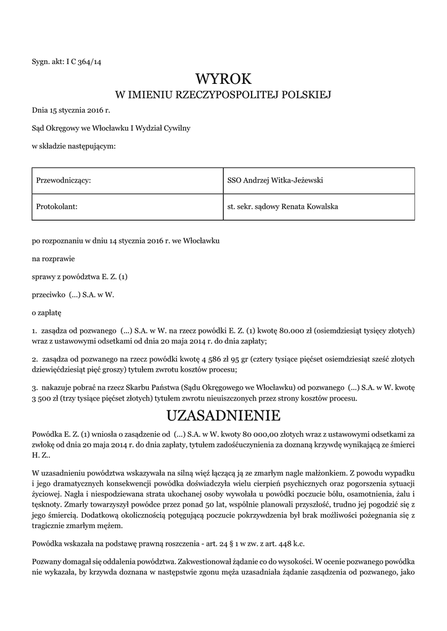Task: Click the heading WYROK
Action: tap(224, 78)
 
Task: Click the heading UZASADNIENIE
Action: tap(224, 413)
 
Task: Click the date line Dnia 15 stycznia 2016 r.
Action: tap(70, 111)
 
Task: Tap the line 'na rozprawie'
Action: tap(53, 259)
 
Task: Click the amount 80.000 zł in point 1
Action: tap(292, 331)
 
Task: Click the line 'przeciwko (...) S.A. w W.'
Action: tap(73, 295)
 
